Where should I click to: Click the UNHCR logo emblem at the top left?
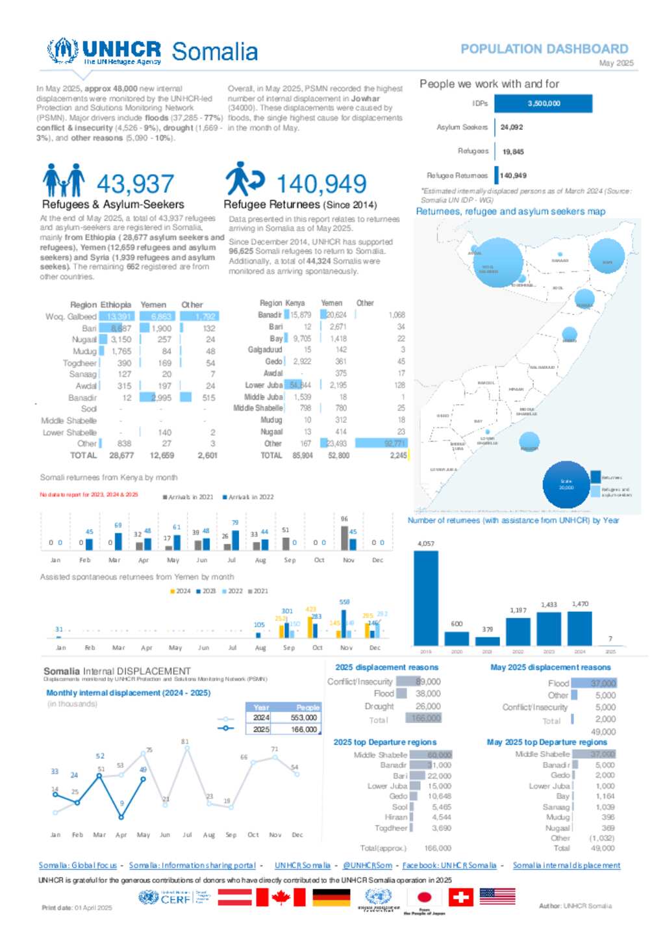tap(63, 51)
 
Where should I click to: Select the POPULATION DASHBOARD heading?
tap(544, 49)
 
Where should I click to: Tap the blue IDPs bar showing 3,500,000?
tap(544, 103)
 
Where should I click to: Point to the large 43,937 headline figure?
tap(135, 184)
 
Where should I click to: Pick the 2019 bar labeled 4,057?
tap(426, 598)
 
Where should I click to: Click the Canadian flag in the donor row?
tap(281, 897)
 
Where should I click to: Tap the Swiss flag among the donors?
tap(461, 897)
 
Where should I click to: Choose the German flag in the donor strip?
tap(331, 897)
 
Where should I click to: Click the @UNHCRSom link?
tap(368, 865)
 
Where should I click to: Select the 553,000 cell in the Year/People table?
tap(303, 718)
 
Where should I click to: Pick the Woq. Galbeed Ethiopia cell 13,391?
tap(119, 316)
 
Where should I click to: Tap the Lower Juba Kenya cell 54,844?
tap(300, 385)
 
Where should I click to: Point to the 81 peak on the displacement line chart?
tap(187, 748)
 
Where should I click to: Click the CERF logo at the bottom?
tap(174, 898)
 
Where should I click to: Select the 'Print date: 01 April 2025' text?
tap(77, 908)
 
